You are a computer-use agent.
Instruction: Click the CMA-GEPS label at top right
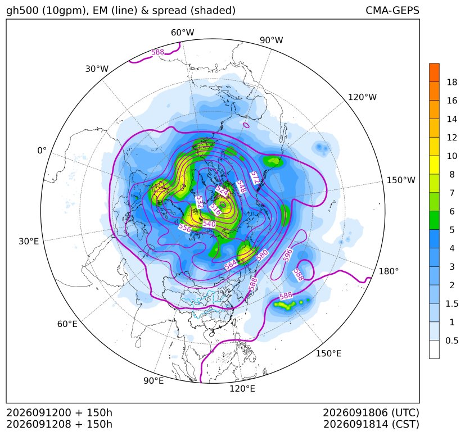point(392,10)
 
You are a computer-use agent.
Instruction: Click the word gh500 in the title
point(23,11)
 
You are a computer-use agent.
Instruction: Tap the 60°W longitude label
point(182,33)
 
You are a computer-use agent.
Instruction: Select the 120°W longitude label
point(362,97)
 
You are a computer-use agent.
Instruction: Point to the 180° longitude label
point(389,271)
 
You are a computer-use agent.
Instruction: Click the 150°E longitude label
point(328,353)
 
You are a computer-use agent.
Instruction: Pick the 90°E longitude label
point(154,381)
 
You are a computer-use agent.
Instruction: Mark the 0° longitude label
point(42,151)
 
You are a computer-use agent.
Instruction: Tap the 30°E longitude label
point(29,241)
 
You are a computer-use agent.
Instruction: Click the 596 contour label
point(287,255)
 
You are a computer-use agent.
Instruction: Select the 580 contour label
point(262,255)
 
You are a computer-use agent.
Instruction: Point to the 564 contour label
point(231,265)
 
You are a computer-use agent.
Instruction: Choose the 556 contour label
point(185,228)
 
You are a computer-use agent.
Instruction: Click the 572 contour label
point(255,178)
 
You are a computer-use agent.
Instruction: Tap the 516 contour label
point(215,209)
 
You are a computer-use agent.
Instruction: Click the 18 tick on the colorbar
point(452,82)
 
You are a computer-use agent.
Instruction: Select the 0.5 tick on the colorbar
point(452,340)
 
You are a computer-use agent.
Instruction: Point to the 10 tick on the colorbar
point(452,156)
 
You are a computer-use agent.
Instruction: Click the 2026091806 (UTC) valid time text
point(371,413)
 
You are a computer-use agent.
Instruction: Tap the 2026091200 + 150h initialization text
point(59,413)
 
